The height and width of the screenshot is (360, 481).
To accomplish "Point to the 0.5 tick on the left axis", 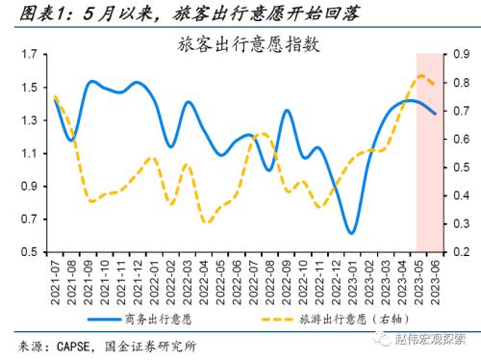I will [x=29, y=252].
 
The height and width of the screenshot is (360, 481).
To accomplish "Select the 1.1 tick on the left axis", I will [x=29, y=153].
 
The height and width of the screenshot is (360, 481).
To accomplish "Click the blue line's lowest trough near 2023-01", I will [x=351, y=232].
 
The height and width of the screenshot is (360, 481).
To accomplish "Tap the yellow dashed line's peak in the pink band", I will [x=422, y=76].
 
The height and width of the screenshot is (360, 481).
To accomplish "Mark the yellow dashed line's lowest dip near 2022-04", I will [x=207, y=222].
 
